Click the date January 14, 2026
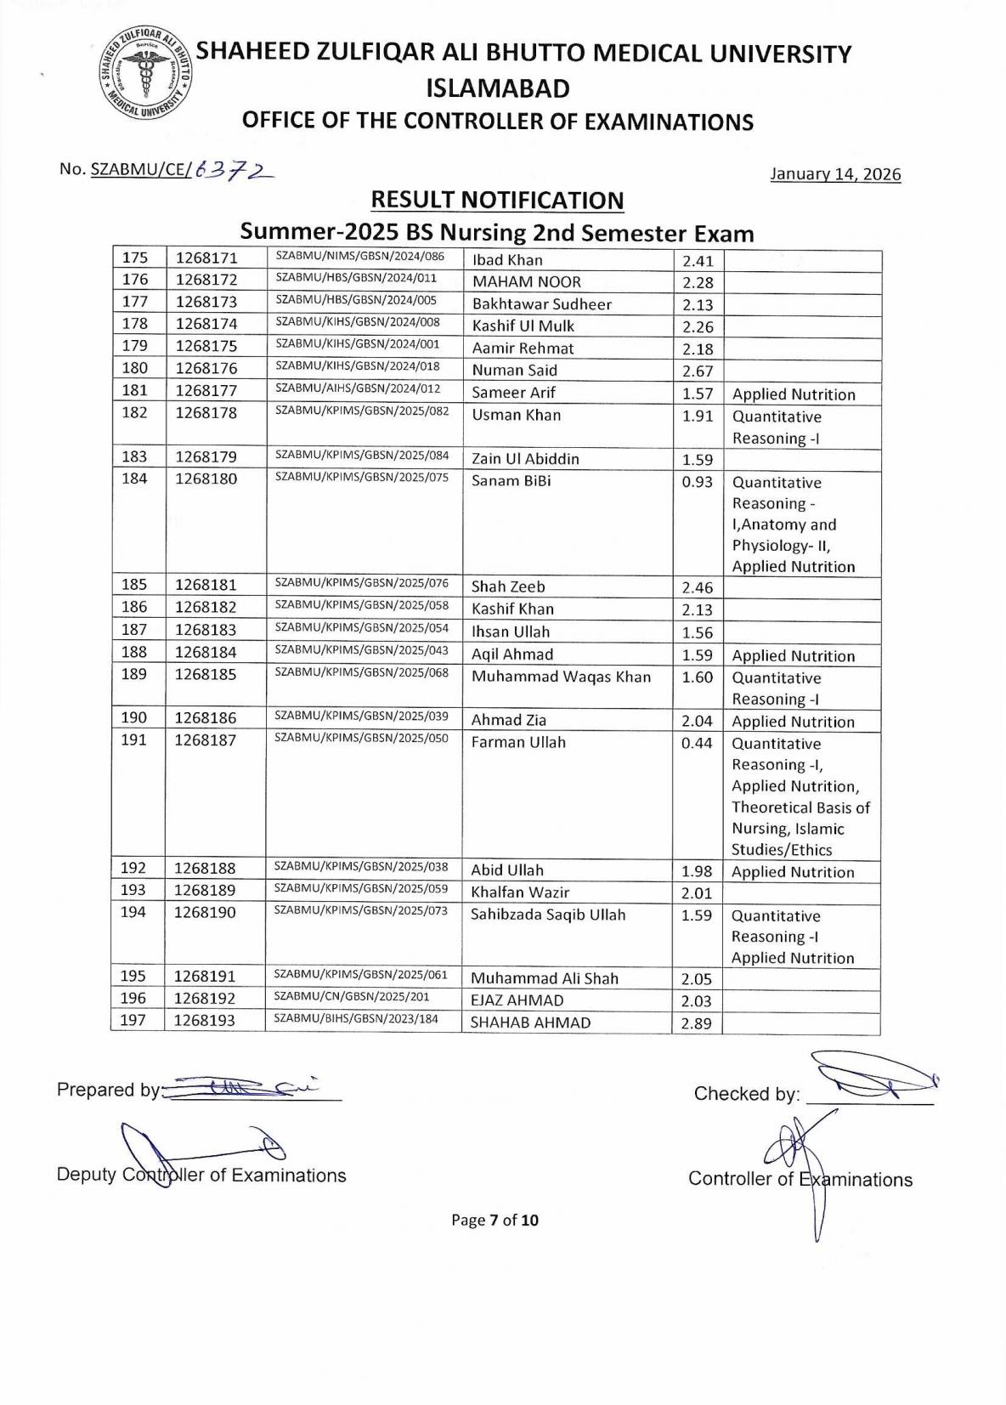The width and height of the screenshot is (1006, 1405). coord(834,174)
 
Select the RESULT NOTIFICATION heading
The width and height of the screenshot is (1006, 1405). coord(497,201)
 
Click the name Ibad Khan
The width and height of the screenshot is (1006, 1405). coord(507,260)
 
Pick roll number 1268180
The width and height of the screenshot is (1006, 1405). coord(206,479)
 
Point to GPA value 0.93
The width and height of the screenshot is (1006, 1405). coord(697,482)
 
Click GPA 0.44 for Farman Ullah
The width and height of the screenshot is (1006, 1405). coord(697,742)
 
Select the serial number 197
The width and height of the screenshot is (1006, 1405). coord(133,1020)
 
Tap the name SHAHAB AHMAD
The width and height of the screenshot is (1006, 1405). coord(530,1023)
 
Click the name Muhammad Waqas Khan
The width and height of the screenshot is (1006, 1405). coord(561,677)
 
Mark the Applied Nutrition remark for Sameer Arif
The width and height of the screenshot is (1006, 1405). coord(794,394)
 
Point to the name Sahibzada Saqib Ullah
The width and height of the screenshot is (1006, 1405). coord(548,915)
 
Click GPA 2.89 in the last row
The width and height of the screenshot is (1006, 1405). coord(697,1023)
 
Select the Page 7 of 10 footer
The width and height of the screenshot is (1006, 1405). coord(495,1221)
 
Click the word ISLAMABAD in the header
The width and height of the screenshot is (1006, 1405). coord(497,88)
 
